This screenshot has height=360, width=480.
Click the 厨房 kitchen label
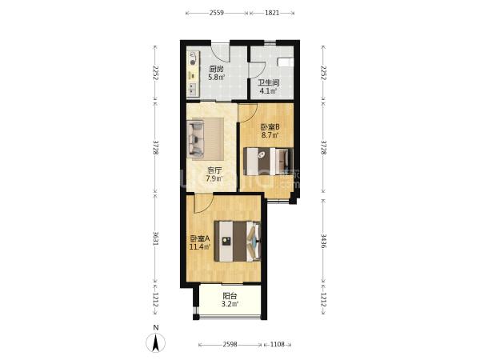[x=217, y=69]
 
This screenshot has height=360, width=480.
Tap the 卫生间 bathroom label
[x=268, y=82]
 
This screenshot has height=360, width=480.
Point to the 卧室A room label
[x=200, y=238]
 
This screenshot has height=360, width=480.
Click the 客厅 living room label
[x=214, y=170]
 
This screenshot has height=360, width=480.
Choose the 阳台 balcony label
[x=230, y=296]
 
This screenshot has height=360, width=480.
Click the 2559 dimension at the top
[x=217, y=13]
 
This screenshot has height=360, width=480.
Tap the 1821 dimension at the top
[x=272, y=13]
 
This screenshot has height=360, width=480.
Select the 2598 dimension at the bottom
[x=230, y=344]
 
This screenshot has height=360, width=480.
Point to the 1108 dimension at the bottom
[x=278, y=344]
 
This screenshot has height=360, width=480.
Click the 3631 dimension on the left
[x=156, y=238]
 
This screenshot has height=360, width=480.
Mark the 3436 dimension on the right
[x=323, y=241]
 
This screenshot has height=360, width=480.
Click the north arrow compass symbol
[x=156, y=342]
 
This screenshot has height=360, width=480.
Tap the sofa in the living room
[x=196, y=139]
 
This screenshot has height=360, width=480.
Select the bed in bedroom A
[x=238, y=242]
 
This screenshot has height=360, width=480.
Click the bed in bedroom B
[x=268, y=162]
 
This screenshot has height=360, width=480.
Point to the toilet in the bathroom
[x=286, y=62]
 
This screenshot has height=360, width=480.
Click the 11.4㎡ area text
[x=199, y=246]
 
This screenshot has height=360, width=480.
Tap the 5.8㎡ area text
[x=217, y=77]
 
